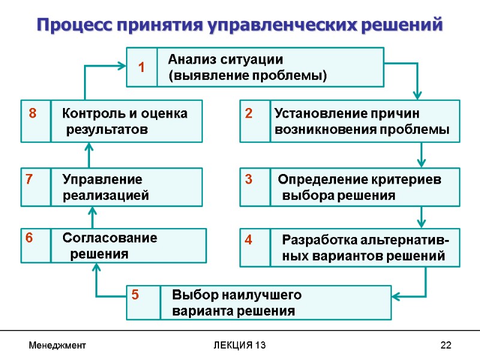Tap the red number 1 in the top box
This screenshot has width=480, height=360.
pos(142,68)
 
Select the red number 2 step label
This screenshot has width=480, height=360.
pos(248,113)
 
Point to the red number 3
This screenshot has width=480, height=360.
pos(248,179)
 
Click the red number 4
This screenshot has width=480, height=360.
pos(248,240)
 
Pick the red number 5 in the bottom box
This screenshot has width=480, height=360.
pos(135,295)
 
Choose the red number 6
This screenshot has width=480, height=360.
pos(28,238)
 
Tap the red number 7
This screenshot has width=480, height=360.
pos(28,179)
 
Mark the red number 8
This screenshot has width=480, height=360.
pos(32,113)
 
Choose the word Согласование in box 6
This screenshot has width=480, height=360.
pos(110,238)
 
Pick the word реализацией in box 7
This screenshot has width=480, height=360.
pos(106,196)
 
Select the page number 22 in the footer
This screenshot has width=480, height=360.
pos(445,346)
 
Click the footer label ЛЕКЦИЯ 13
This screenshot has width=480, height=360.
pos(240,346)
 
